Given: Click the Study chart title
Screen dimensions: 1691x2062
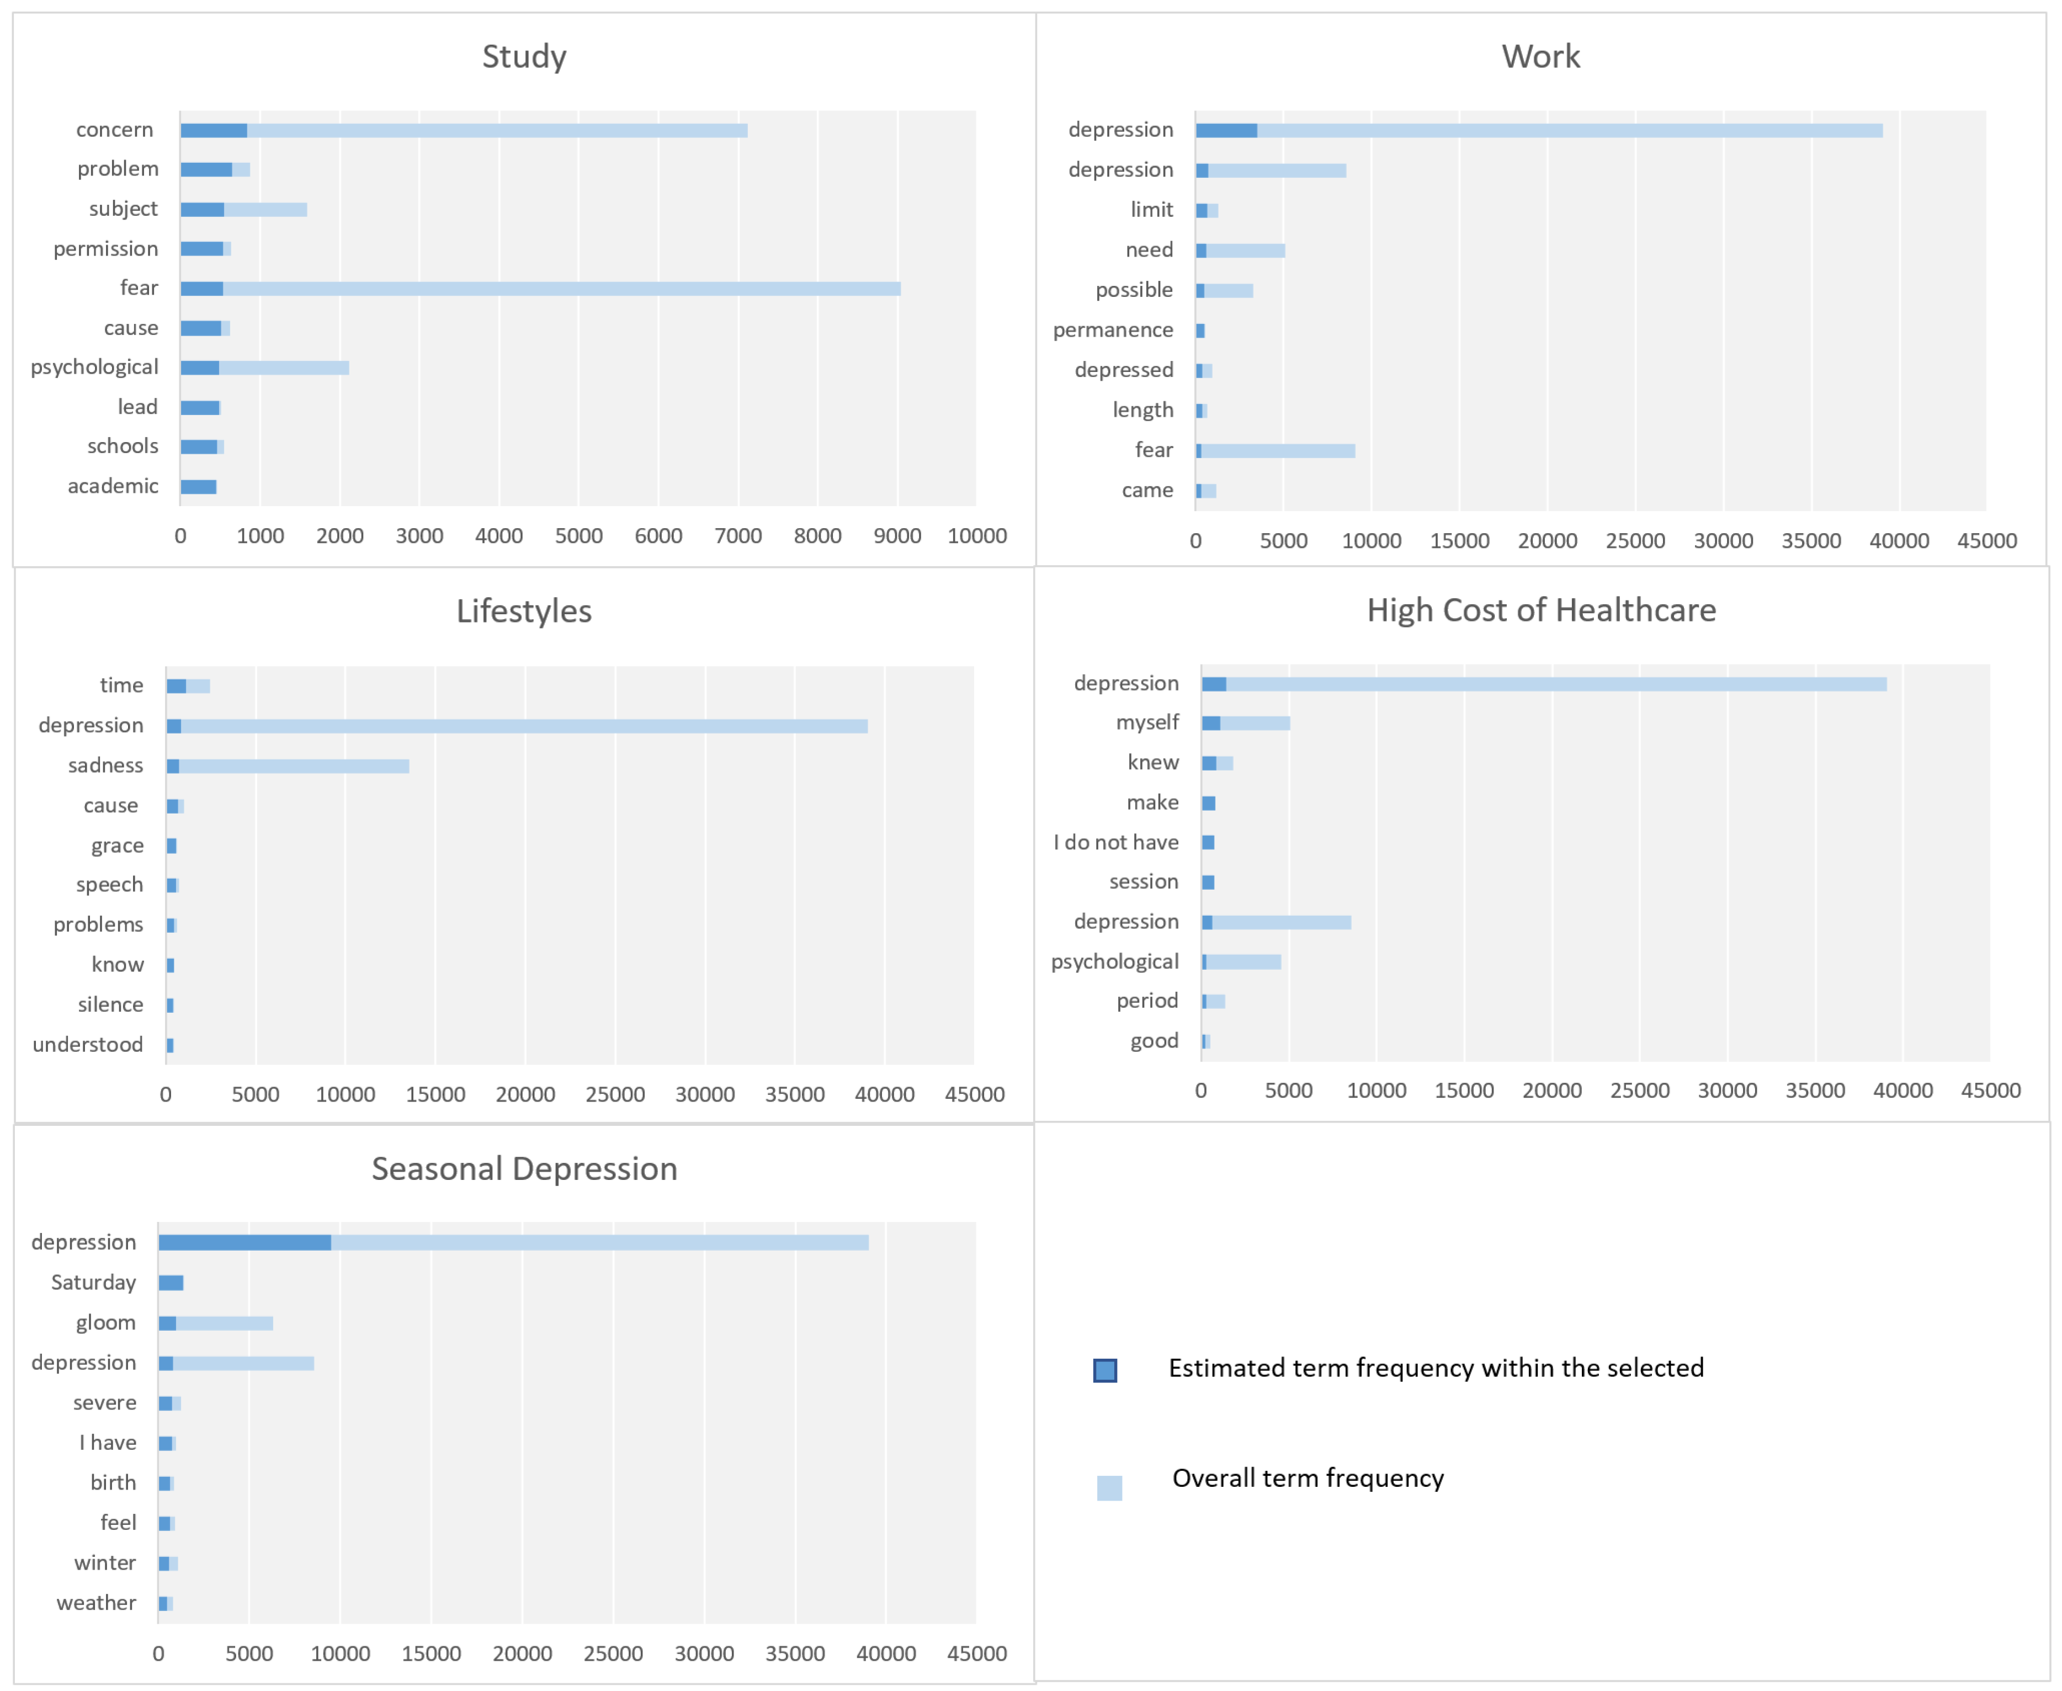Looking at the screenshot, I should [524, 56].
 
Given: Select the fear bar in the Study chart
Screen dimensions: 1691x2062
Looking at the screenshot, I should [540, 288].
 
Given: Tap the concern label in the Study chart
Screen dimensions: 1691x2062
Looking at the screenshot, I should [115, 130].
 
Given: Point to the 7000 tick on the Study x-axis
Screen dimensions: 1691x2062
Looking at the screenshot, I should [737, 536].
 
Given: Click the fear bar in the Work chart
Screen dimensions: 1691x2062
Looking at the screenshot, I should [1276, 450].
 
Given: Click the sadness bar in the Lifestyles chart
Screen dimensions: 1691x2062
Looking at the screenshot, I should [288, 765].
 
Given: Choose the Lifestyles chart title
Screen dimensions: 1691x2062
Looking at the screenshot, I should [524, 611].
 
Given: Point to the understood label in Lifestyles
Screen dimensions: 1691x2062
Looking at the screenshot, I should [88, 1044].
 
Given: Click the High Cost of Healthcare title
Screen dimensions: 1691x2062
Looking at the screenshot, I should [1541, 610].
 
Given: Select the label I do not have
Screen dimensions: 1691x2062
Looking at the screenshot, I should [1115, 842].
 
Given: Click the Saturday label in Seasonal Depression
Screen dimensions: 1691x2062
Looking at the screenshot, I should [93, 1282].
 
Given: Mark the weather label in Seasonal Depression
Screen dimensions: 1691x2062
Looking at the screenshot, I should [97, 1602].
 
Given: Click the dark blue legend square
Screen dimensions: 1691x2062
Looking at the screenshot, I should [1104, 1370].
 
